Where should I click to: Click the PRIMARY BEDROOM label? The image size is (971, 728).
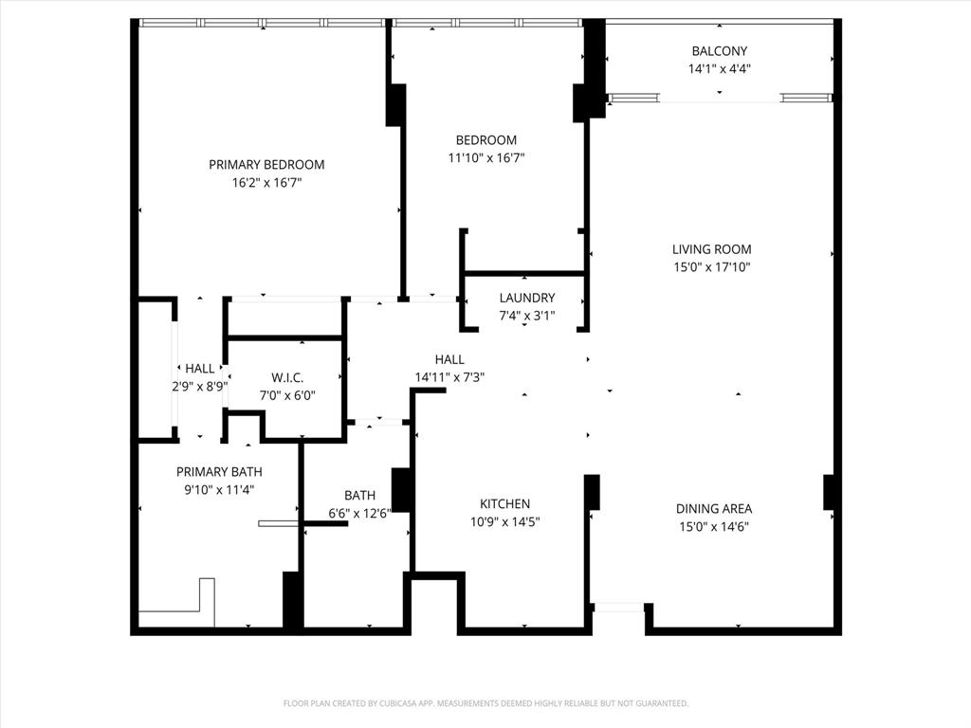click(266, 165)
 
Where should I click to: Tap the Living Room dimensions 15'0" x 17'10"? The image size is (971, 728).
click(711, 267)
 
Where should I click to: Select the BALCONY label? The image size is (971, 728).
click(719, 51)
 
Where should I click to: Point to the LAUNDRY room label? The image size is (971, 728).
click(526, 298)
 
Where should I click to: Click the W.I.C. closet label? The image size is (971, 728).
click(286, 378)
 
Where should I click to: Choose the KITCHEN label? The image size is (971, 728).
click(504, 504)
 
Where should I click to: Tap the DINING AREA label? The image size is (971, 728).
click(713, 509)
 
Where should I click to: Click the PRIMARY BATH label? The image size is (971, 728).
click(219, 472)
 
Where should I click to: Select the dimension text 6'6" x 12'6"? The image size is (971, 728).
click(359, 513)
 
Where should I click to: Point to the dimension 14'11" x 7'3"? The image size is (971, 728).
click(449, 376)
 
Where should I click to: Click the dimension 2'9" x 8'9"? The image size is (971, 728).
click(199, 386)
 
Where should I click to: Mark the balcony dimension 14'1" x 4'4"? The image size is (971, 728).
click(720, 68)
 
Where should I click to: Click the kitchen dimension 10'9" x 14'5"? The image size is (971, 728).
click(505, 521)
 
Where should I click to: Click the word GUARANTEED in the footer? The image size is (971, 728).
click(661, 703)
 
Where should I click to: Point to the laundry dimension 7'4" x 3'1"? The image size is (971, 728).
click(526, 316)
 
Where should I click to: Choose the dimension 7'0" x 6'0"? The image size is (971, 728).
click(286, 395)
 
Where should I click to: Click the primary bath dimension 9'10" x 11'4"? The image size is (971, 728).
click(219, 489)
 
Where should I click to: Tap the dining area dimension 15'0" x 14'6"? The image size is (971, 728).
click(713, 526)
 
